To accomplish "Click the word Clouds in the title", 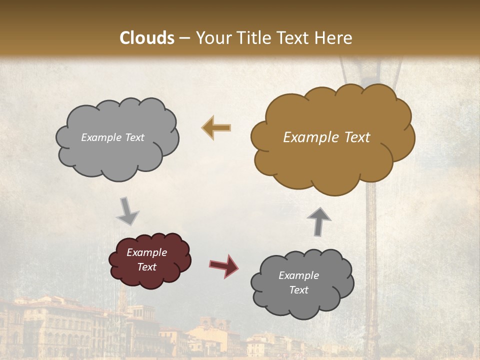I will pos(147,38).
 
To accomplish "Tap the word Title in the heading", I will pos(254,38).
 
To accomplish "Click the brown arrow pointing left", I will pos(216,127).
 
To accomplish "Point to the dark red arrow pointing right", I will pos(223,265).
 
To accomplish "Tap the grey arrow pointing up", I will pos(318,220).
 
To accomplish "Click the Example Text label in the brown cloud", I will pos(326,137).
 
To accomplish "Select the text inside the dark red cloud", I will pos(146,259).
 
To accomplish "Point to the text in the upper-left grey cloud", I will pos(112,137).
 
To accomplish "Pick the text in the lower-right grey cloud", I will pos(298,282).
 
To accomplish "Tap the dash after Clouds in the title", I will pos(184,38).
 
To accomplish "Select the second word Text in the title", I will pos(295,38).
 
